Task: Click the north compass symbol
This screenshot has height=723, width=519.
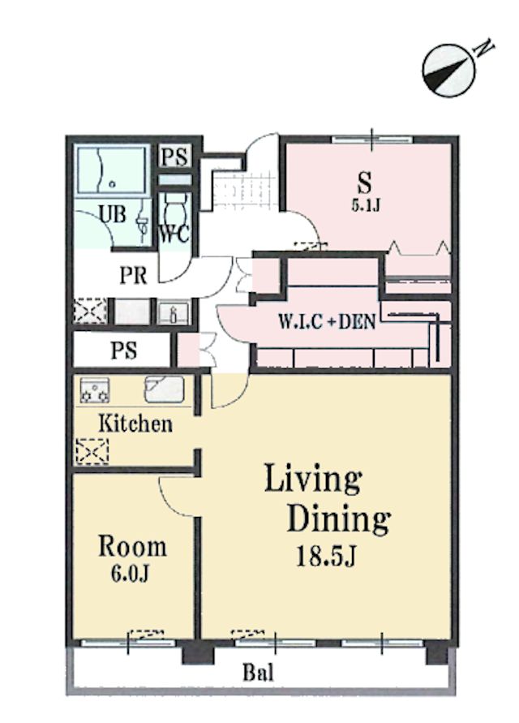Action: (448, 71)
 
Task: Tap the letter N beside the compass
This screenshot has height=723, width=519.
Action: (485, 49)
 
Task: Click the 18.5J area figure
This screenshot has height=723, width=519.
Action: (326, 555)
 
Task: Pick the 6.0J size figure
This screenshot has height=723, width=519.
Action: (130, 573)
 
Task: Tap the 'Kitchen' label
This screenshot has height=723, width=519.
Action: (135, 424)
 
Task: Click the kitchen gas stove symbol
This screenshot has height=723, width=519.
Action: (95, 390)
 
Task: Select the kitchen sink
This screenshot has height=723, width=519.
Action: (164, 389)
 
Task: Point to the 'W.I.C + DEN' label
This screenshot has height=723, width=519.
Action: (327, 321)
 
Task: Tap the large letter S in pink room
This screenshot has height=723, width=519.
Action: (365, 183)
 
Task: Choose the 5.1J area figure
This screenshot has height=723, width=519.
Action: (366, 204)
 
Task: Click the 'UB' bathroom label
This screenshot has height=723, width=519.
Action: (113, 214)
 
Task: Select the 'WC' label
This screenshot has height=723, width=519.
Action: (174, 235)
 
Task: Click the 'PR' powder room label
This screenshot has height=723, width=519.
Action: (133, 275)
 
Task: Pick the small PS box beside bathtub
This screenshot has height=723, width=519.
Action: (175, 157)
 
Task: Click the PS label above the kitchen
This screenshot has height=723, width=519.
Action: (123, 350)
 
